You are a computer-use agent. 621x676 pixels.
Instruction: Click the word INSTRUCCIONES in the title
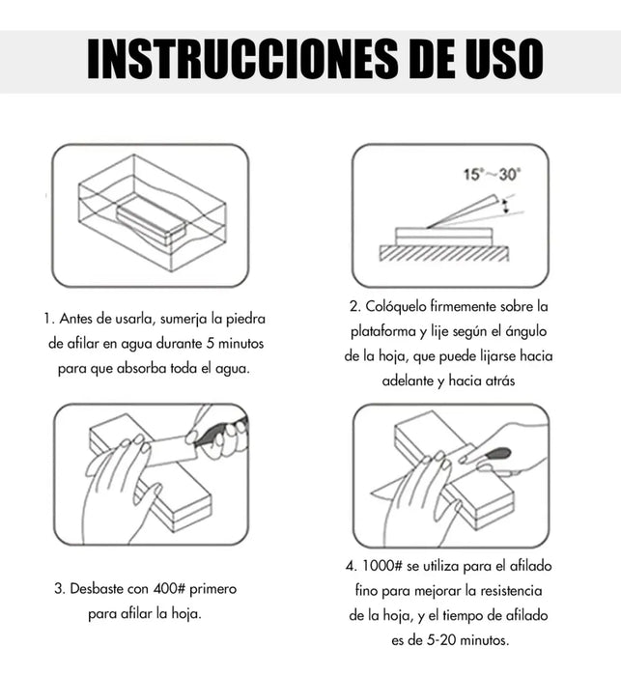(x=242, y=59)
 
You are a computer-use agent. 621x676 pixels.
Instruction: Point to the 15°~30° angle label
(x=492, y=175)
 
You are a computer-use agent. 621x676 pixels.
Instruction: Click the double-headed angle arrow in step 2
(x=506, y=206)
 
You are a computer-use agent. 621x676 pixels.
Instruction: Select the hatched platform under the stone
(x=444, y=253)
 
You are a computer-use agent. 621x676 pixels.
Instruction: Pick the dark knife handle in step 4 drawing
(x=497, y=454)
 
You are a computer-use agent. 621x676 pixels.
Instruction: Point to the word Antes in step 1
(x=76, y=319)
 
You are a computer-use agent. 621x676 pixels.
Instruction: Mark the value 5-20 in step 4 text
(x=441, y=639)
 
